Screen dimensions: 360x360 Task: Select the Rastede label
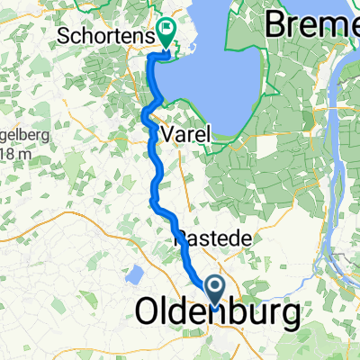pos(204,238)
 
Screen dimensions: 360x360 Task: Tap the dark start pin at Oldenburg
pos(217,289)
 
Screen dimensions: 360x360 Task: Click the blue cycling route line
pos(155,162)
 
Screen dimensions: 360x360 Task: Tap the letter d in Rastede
pos(223,238)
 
